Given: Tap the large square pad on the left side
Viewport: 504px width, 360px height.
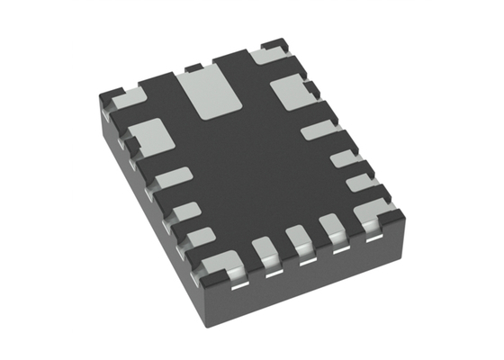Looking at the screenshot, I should [x=150, y=136].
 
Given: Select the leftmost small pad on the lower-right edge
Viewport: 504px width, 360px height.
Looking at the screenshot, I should [x=265, y=249].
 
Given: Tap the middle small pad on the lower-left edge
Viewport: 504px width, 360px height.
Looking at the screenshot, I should [x=184, y=211].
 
